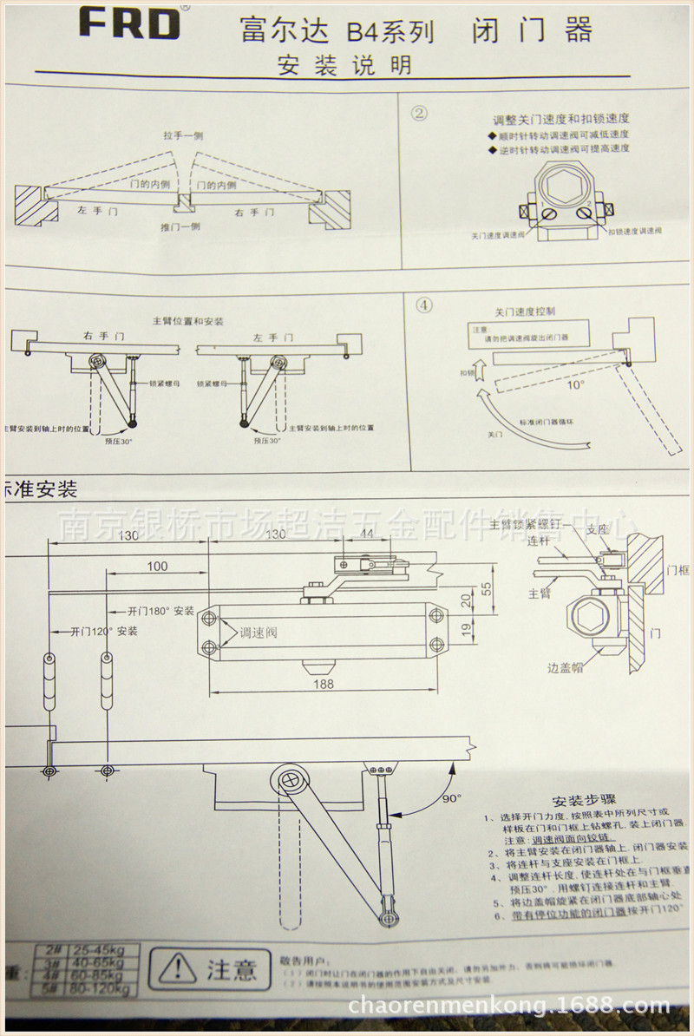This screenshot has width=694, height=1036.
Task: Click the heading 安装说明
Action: (344, 65)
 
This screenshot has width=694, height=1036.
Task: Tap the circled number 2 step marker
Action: (421, 113)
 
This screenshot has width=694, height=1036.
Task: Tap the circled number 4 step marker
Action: (423, 305)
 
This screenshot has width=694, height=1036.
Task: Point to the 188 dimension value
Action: (323, 684)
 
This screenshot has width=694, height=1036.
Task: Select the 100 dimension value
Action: (157, 567)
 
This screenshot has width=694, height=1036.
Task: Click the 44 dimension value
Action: (367, 535)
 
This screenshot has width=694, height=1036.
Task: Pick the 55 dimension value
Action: (486, 588)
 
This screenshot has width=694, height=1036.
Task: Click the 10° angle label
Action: (575, 382)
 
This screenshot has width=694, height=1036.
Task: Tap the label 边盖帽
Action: (566, 668)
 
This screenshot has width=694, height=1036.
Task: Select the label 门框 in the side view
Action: (678, 570)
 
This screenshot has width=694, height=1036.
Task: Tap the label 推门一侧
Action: (180, 226)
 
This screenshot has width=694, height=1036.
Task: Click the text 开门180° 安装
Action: (161, 610)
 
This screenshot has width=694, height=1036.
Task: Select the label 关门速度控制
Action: (525, 311)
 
